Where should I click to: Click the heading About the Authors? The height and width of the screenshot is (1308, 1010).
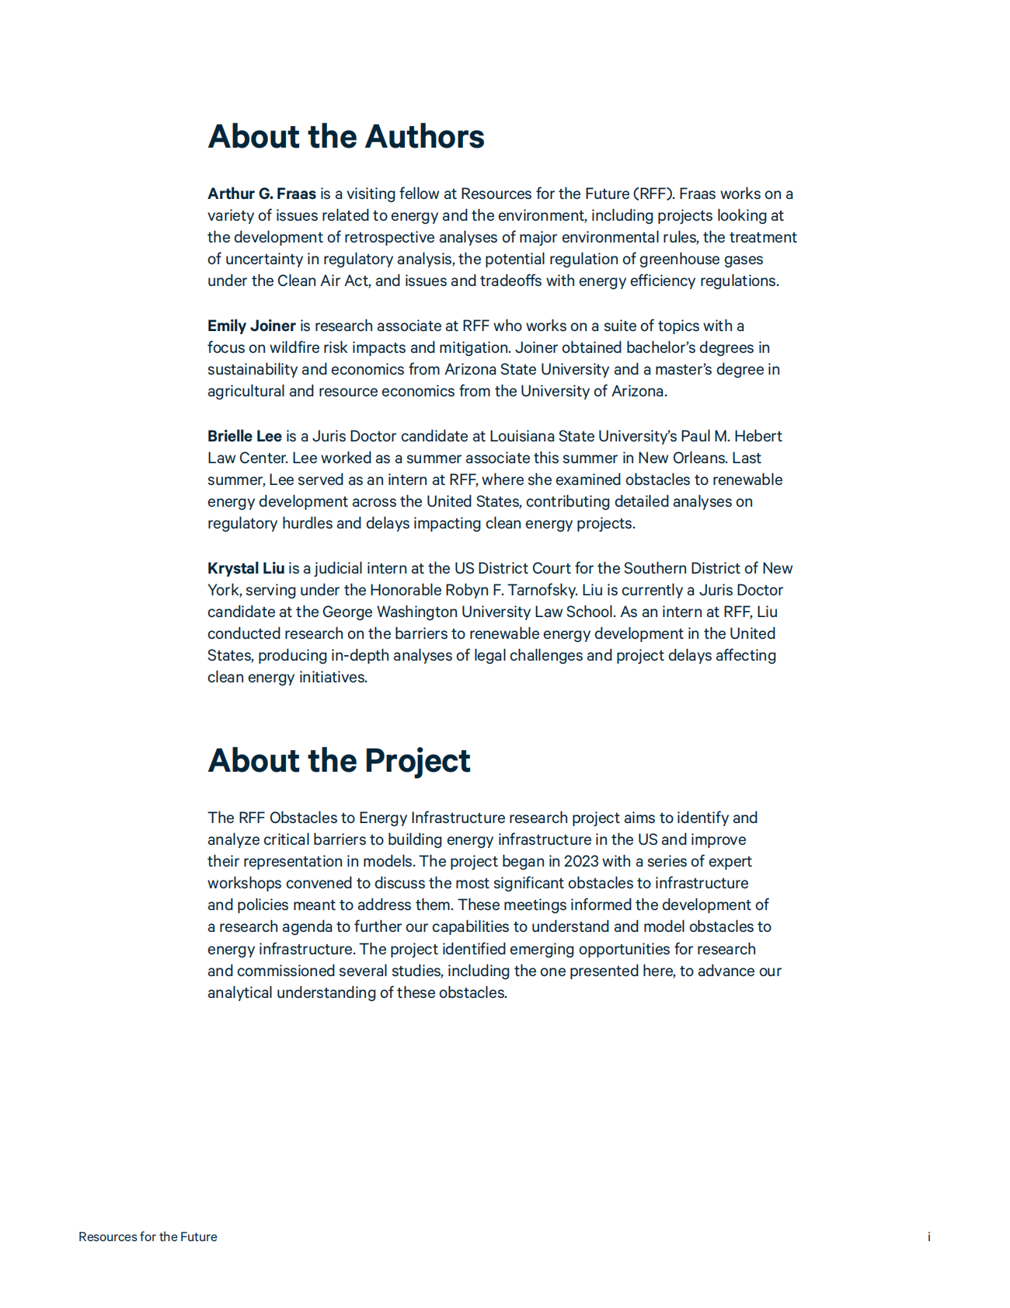click(x=346, y=137)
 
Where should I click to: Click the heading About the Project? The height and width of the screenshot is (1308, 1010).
click(x=339, y=761)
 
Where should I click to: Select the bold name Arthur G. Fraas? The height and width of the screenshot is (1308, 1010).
click(x=262, y=194)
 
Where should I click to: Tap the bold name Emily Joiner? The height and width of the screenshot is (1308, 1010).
click(x=251, y=326)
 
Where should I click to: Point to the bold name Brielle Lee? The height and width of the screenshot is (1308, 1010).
click(x=244, y=436)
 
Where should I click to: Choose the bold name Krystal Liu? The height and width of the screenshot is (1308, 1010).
click(x=246, y=568)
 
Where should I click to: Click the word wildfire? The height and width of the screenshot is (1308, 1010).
click(x=294, y=347)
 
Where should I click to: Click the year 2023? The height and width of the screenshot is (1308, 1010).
click(x=581, y=861)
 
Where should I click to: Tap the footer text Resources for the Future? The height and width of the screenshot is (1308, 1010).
click(x=148, y=1236)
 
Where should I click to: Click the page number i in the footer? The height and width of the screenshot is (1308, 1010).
click(x=928, y=1236)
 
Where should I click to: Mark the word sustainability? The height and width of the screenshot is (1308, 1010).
click(x=252, y=369)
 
